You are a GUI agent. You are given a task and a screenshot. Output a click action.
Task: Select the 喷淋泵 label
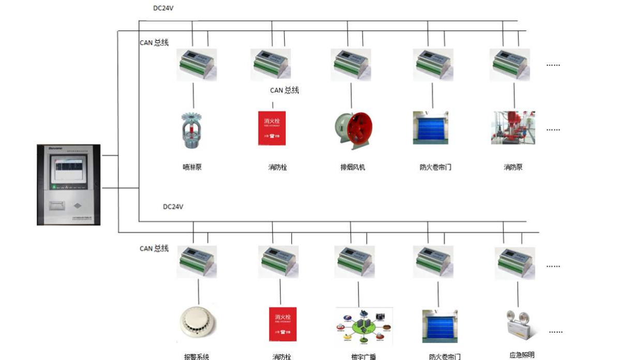[192, 167]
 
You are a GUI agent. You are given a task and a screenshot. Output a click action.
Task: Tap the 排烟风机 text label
[352, 167]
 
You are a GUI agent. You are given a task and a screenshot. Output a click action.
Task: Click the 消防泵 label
[513, 167]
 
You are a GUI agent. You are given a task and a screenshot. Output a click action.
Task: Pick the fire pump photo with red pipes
[513, 128]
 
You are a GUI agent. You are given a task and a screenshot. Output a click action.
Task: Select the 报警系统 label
[197, 356]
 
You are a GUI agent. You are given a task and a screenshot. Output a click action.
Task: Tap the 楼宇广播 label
[363, 356]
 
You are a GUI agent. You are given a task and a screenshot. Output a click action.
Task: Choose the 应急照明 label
[522, 355]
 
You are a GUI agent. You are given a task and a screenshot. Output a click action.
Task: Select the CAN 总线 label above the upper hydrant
[284, 91]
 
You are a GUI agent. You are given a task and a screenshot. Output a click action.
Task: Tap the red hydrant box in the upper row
[272, 128]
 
